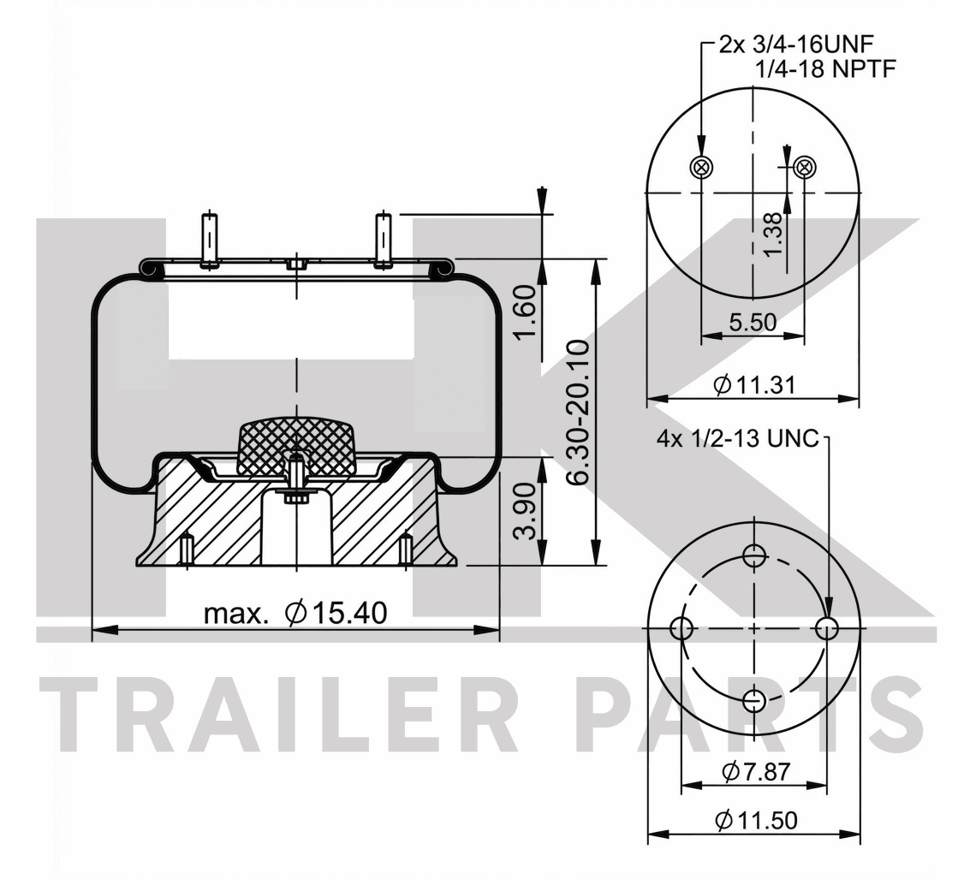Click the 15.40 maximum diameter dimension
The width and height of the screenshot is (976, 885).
pyautogui.click(x=295, y=613)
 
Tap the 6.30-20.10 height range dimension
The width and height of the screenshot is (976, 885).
pyautogui.click(x=578, y=412)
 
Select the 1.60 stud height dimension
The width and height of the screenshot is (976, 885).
pyautogui.click(x=524, y=312)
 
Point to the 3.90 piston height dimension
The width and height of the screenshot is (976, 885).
pyautogui.click(x=524, y=511)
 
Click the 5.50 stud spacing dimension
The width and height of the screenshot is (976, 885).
pyautogui.click(x=753, y=323)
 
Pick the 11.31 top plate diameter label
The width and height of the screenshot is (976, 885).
pyautogui.click(x=754, y=385)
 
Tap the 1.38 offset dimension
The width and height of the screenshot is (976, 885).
pyautogui.click(x=772, y=234)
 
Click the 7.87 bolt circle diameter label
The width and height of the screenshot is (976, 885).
pyautogui.click(x=756, y=772)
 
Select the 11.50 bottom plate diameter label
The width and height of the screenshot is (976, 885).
pyautogui.click(x=756, y=820)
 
